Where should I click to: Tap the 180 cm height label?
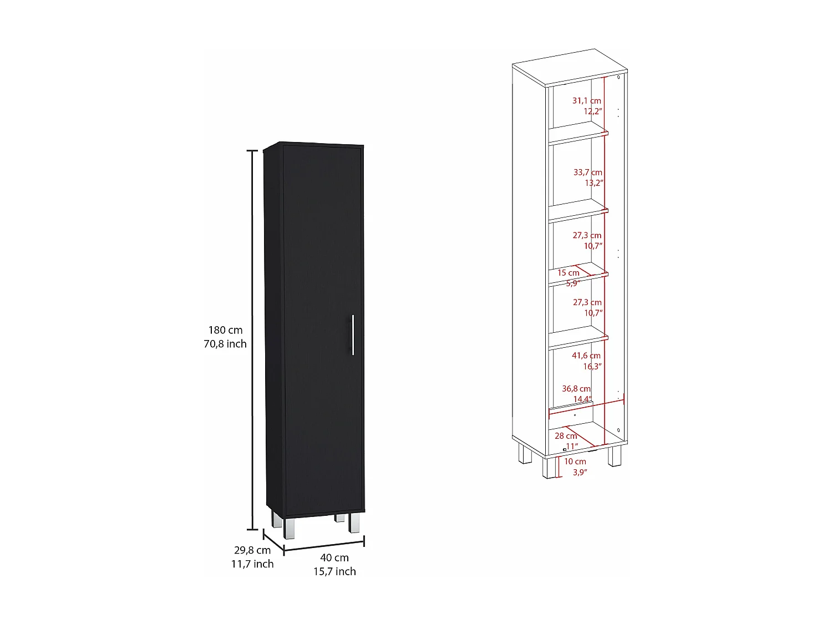225,331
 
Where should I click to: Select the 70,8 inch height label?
225,344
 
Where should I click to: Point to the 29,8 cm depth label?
252,550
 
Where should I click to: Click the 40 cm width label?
334,557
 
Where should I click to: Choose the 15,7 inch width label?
334,571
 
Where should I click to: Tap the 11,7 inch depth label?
252,564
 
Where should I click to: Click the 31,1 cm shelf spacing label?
587,101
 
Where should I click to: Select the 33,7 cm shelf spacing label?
588,173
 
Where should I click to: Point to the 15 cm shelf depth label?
569,273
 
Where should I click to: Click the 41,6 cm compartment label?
586,356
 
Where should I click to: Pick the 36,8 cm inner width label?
576,389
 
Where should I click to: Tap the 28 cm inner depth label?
566,436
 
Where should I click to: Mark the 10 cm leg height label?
575,461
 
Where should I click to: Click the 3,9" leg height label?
580,473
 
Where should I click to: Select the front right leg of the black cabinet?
354,522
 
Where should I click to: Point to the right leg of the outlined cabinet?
614,456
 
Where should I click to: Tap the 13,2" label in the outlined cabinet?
593,183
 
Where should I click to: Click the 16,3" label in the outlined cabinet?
592,366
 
